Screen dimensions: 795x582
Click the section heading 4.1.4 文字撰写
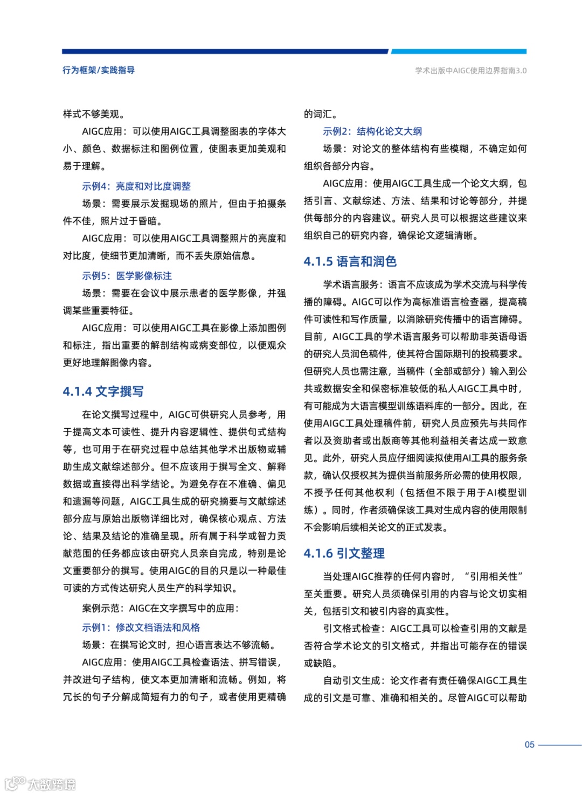[x=103, y=392]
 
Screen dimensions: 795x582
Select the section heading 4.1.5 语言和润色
[x=350, y=262]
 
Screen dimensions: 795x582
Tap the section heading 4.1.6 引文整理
[x=344, y=554]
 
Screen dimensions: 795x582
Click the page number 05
[x=529, y=745]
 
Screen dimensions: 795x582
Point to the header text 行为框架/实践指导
[x=99, y=70]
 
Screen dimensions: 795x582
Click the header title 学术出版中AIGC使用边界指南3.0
[x=470, y=71]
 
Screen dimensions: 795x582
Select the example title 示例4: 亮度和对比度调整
[x=136, y=186]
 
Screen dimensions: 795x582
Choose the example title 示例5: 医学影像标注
[x=127, y=276]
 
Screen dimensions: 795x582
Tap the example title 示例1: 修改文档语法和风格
[x=141, y=627]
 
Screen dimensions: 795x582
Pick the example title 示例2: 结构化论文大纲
[x=372, y=131]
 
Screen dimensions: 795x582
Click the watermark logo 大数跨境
[x=40, y=784]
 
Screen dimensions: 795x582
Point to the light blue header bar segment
[x=458, y=52]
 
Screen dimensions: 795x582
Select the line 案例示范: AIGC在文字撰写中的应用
[x=160, y=609]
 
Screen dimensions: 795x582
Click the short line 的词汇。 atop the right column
[x=321, y=114]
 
